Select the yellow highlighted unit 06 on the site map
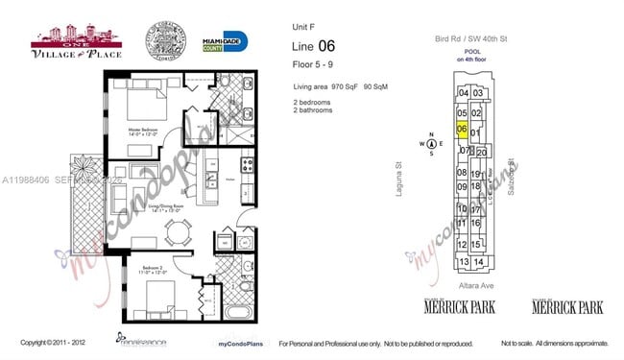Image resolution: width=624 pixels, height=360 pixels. click(463, 130)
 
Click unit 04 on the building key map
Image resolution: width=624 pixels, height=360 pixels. click(464, 92)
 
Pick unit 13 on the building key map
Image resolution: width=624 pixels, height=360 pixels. click(464, 261)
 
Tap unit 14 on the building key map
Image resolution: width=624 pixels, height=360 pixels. click(477, 261)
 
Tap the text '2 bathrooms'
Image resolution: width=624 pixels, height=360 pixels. click(313, 110)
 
